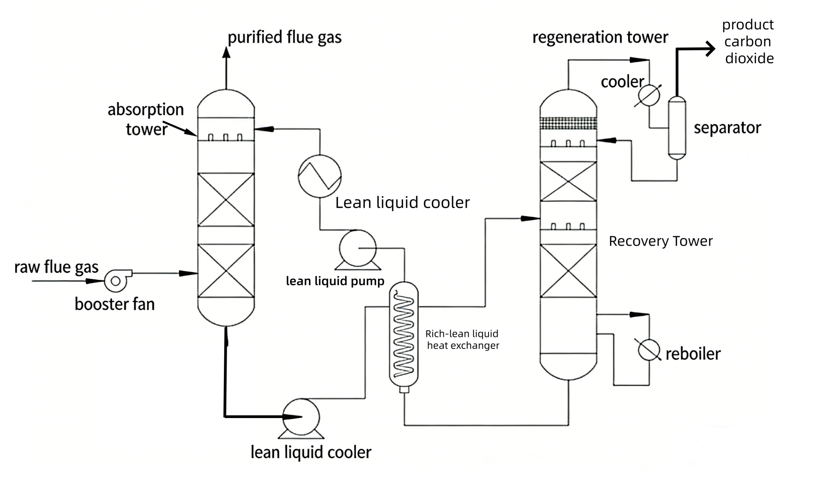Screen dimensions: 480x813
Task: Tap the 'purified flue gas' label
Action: point(285,37)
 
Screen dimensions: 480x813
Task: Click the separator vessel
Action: point(677,128)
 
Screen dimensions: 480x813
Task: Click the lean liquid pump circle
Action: point(358,248)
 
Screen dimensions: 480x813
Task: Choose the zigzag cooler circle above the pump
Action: point(319,176)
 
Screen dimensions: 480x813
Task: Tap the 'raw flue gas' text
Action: point(56,267)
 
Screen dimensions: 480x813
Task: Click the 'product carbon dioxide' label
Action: point(748,41)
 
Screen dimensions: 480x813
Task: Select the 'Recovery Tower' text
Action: point(661,241)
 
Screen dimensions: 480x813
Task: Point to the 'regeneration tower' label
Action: point(600,37)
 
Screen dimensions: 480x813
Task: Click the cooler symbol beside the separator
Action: point(648,95)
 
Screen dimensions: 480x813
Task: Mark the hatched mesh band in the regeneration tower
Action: point(568,123)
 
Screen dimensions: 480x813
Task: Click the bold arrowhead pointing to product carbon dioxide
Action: point(710,49)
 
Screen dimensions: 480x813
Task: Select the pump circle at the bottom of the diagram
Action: point(301,417)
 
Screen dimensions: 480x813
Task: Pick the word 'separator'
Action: point(727,128)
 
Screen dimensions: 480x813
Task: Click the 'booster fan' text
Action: point(115,304)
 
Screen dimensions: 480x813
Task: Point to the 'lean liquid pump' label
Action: point(335,281)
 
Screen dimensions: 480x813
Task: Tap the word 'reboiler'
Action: point(693,354)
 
